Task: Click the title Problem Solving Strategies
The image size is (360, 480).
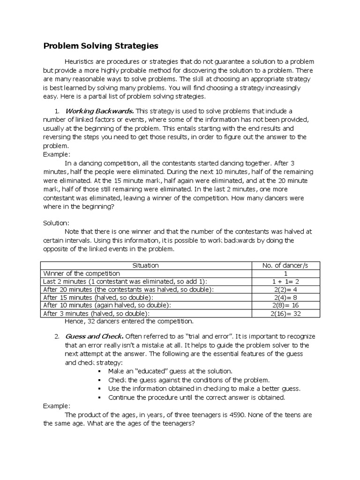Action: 101,46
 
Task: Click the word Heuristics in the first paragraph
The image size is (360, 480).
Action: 82,62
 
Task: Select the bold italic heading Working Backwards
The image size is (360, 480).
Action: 99,111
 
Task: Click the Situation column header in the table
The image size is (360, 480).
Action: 146,265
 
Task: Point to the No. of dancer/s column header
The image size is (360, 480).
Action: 285,265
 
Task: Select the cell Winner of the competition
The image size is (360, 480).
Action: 82,273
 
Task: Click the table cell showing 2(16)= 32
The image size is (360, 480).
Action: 285,313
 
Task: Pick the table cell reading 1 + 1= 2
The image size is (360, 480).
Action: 285,281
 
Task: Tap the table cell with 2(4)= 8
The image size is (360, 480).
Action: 285,297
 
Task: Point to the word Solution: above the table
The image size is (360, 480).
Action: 56,224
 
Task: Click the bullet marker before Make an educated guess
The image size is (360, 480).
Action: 101,371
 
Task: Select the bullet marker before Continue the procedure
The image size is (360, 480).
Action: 101,397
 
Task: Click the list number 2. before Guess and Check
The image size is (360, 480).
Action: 56,337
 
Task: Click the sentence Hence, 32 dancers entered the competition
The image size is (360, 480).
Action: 128,321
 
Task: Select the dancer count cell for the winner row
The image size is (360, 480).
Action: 285,273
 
